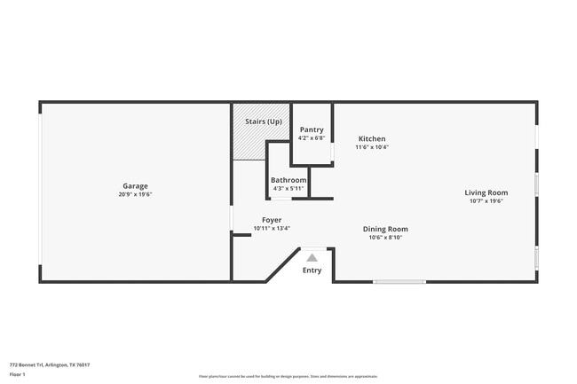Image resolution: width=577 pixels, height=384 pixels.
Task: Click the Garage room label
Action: click(x=136, y=186)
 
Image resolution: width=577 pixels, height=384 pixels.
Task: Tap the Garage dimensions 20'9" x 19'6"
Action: click(x=136, y=194)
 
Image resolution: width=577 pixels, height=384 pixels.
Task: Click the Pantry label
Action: click(x=312, y=130)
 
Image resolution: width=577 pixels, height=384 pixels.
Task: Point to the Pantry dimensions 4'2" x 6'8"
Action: click(x=312, y=138)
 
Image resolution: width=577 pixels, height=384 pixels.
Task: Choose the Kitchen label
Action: click(x=371, y=139)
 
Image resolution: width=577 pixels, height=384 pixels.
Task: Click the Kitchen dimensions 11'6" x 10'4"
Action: click(x=372, y=147)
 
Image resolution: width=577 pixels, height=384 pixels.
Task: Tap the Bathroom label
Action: click(x=288, y=180)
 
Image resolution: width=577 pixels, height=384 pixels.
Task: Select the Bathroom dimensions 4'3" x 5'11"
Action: click(x=288, y=188)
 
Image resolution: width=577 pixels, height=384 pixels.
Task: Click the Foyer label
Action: click(x=272, y=220)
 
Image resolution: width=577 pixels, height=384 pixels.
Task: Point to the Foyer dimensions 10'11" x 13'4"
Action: click(x=272, y=228)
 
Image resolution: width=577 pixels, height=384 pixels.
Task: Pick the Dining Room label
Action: click(x=385, y=229)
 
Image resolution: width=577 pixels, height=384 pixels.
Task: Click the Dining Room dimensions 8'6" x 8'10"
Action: click(x=385, y=237)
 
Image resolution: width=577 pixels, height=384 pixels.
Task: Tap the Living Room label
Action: click(x=486, y=192)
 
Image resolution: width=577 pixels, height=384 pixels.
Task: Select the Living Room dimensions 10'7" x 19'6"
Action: click(x=486, y=200)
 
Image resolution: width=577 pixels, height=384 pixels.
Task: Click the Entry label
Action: click(x=312, y=270)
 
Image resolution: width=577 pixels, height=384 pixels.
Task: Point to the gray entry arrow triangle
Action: click(x=312, y=256)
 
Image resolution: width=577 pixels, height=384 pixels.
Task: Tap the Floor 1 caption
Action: click(x=18, y=374)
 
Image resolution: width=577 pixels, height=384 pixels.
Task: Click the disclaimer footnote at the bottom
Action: click(x=288, y=376)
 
